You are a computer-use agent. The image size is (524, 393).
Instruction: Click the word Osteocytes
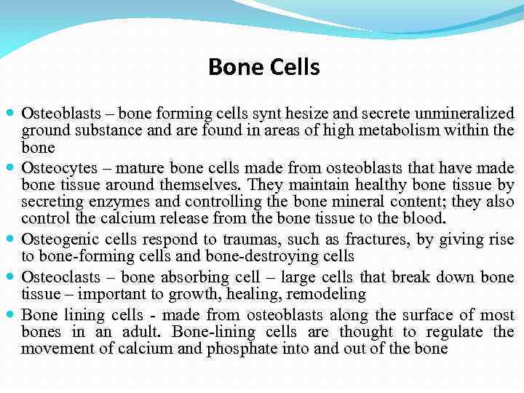pyautogui.click(x=55, y=167)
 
